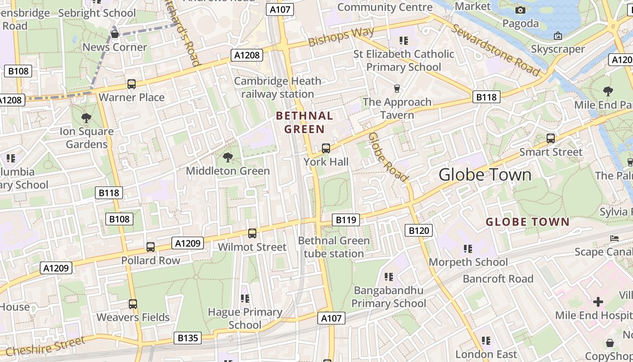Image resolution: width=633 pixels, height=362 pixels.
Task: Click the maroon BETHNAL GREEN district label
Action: [304, 122]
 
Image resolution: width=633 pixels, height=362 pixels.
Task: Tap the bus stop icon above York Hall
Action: [326, 148]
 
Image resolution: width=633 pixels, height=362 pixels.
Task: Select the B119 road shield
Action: [345, 220]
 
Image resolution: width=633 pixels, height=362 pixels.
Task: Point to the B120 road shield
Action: [418, 231]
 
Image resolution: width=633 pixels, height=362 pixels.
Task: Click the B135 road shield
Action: [187, 338]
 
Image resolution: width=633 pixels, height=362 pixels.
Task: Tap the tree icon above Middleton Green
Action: [228, 157]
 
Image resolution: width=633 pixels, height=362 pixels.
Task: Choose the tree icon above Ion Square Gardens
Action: [86, 118]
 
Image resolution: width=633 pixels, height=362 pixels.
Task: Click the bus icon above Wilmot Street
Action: [252, 233]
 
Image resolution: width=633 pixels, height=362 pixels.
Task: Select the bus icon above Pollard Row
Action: [151, 247]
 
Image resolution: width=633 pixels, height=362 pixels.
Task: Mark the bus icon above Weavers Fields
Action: [132, 304]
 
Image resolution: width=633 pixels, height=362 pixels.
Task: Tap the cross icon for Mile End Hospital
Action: [598, 302]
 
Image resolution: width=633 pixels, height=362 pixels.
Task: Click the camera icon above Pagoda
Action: [520, 10]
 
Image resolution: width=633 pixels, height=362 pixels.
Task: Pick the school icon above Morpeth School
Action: [468, 248]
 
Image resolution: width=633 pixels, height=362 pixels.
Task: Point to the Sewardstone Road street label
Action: [496, 50]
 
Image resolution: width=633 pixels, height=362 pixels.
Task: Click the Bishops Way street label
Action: [341, 37]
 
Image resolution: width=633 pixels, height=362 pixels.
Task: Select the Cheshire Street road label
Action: [45, 347]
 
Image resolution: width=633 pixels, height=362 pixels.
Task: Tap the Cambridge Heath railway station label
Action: [278, 87]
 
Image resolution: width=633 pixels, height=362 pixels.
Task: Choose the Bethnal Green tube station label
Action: [334, 247]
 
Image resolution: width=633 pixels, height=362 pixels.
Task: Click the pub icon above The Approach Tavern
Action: [397, 88]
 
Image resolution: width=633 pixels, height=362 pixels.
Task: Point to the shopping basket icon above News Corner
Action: [115, 34]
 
